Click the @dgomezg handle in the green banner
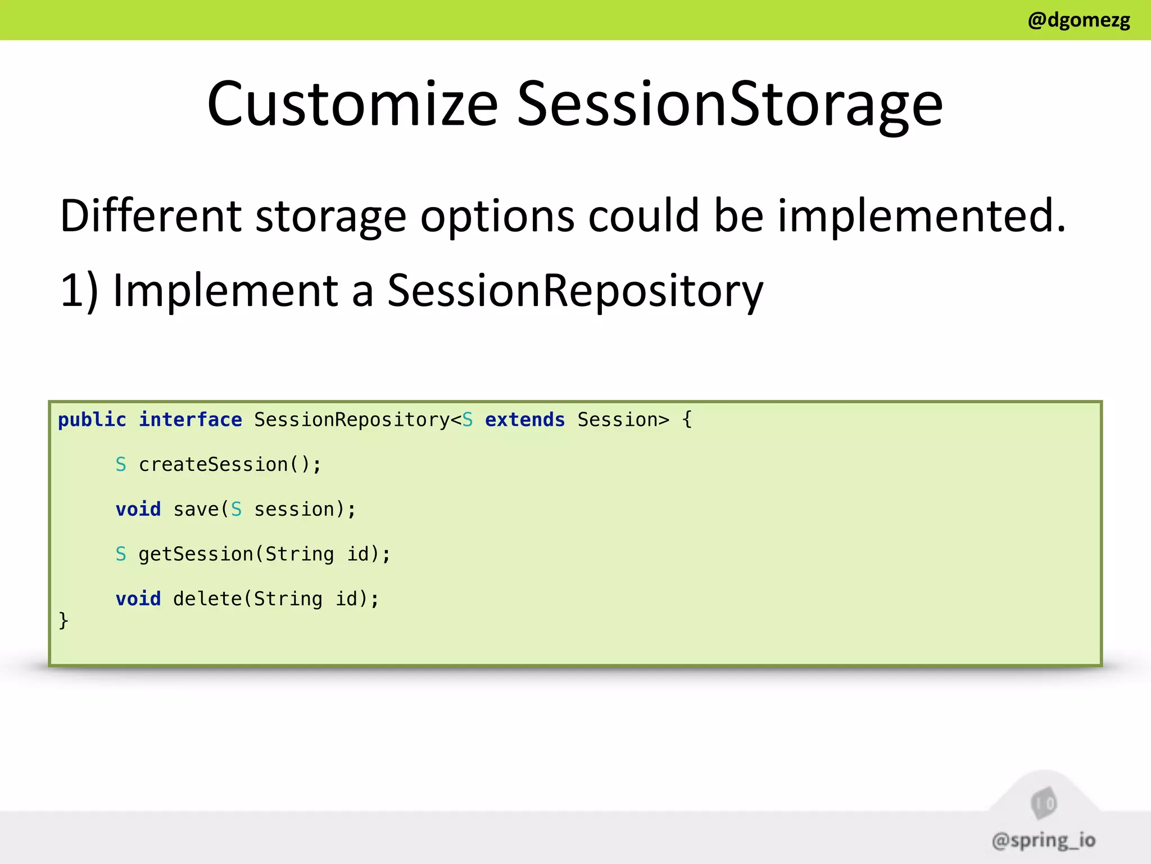(x=1078, y=20)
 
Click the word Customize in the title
(x=352, y=103)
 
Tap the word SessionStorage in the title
(x=729, y=103)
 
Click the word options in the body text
(x=497, y=217)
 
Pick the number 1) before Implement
(x=79, y=290)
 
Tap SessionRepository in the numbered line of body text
(x=575, y=290)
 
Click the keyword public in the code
(x=92, y=420)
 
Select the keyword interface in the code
(x=191, y=420)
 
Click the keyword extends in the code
(x=524, y=420)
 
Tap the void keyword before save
(x=138, y=509)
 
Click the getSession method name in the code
(x=196, y=554)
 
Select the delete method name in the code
(x=207, y=598)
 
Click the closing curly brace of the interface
(x=64, y=620)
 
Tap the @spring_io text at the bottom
(x=1044, y=840)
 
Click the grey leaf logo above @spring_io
(x=1044, y=803)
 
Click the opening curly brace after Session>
(x=687, y=420)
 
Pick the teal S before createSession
(x=121, y=465)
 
